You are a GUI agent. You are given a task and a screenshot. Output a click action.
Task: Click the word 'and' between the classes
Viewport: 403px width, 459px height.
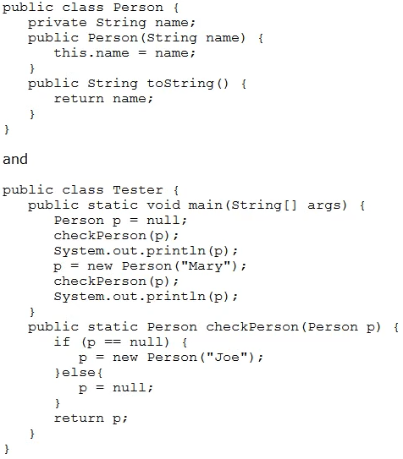click(x=15, y=159)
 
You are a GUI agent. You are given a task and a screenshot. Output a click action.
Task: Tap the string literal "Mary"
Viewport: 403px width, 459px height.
click(x=206, y=265)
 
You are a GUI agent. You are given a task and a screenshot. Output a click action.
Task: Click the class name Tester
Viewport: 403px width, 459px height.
click(x=138, y=189)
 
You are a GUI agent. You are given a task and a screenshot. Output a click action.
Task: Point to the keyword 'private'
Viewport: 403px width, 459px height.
click(x=58, y=23)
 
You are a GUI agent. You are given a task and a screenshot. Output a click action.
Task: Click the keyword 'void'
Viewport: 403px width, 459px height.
click(x=163, y=205)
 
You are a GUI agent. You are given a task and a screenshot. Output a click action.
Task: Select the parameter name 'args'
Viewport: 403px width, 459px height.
click(x=324, y=205)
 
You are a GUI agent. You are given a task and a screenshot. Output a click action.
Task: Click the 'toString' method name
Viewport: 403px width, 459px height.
click(x=180, y=84)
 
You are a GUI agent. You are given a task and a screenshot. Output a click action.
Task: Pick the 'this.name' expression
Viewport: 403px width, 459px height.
click(x=91, y=52)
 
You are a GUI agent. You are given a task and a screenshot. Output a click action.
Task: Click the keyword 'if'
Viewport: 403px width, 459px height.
click(x=62, y=342)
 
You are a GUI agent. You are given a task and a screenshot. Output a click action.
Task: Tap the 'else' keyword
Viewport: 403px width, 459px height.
click(x=79, y=372)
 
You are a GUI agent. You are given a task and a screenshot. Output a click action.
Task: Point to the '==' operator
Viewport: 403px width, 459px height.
click(x=113, y=342)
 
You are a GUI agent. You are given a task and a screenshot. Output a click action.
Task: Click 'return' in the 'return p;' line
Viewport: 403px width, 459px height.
click(x=79, y=418)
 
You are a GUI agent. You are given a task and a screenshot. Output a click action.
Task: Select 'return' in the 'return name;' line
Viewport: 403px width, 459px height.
click(x=79, y=98)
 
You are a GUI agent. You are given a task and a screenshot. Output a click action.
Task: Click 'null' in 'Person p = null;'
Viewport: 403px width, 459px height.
click(x=163, y=220)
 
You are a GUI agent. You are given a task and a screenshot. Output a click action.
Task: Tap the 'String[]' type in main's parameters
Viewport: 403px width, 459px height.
click(x=264, y=205)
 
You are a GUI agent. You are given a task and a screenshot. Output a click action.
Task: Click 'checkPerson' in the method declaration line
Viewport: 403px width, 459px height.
click(x=252, y=326)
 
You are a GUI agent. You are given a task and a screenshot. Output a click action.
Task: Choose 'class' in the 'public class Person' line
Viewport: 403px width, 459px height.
click(x=83, y=7)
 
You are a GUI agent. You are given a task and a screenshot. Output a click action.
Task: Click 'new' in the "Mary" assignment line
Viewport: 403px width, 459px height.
click(x=100, y=266)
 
